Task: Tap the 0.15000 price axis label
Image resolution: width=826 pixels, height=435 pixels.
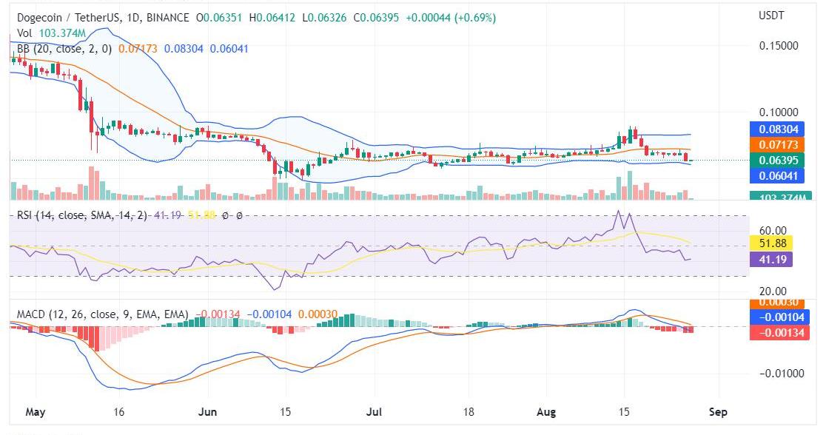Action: [x=779, y=45]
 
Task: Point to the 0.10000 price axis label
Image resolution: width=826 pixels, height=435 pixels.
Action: [x=779, y=112]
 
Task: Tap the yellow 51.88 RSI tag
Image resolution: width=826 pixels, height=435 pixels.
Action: [x=771, y=243]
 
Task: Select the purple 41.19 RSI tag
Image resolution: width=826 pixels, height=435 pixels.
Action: [x=771, y=259]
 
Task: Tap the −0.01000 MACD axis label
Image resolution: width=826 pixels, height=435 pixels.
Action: [x=779, y=373]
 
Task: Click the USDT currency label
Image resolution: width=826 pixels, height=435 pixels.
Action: [x=771, y=16]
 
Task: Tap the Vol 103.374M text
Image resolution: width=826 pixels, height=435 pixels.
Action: [x=50, y=33]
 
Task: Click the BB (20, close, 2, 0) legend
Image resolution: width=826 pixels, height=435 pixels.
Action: [x=64, y=49]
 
